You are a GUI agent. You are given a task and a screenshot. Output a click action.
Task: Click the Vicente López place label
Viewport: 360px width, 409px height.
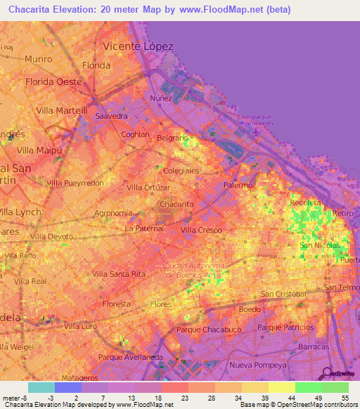[x=138, y=46]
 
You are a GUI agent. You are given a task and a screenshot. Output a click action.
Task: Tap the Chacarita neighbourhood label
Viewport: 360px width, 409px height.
[x=176, y=204]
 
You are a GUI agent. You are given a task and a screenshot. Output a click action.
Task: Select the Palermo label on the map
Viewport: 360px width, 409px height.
[x=238, y=185]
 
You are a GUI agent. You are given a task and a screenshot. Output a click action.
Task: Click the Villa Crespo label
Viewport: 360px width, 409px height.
[x=201, y=230]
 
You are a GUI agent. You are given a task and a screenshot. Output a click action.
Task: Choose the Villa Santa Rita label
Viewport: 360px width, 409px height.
[x=119, y=273]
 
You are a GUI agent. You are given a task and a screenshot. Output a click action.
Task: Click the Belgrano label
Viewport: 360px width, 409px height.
[x=172, y=138]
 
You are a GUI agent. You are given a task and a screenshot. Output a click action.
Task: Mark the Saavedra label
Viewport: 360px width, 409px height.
[x=111, y=115]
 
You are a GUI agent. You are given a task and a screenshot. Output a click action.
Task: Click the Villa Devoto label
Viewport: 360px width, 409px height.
[x=50, y=237]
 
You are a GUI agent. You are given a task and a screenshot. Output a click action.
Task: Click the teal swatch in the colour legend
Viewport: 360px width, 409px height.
[x=41, y=387]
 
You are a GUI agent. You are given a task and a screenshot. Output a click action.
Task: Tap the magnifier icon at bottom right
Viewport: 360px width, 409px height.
[x=326, y=373]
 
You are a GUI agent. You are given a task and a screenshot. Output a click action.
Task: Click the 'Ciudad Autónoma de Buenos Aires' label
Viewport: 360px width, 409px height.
[x=193, y=270]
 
